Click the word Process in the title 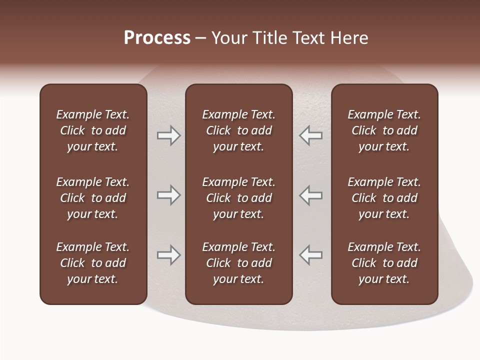click(157, 38)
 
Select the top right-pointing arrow click(168, 135)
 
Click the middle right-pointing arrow click(168, 195)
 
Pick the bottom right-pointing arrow click(168, 255)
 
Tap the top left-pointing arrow click(310, 135)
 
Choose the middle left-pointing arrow click(310, 195)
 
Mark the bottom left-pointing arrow click(310, 255)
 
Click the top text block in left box click(93, 130)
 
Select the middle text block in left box click(93, 198)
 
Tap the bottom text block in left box click(93, 263)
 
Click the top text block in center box click(239, 130)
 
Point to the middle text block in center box click(239, 198)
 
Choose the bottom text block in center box click(239, 263)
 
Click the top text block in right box click(384, 130)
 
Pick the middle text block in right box click(384, 198)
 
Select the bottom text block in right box click(384, 263)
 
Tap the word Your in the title click(228, 38)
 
